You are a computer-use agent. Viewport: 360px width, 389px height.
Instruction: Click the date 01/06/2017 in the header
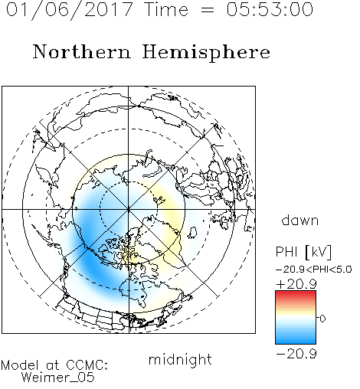pyautogui.click(x=69, y=9)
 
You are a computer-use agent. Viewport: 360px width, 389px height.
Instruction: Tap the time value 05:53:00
pyautogui.click(x=270, y=9)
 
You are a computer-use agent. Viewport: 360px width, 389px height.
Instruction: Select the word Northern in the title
pyautogui.click(x=82, y=52)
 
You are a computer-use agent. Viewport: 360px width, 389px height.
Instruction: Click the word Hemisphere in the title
pyautogui.click(x=206, y=53)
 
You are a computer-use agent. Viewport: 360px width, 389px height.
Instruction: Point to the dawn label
pyautogui.click(x=300, y=220)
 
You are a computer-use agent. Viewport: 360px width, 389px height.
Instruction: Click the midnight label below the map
pyautogui.click(x=180, y=360)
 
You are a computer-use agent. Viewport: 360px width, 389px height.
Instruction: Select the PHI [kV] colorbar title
pyautogui.click(x=303, y=252)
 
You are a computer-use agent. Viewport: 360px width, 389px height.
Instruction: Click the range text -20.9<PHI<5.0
pyautogui.click(x=314, y=270)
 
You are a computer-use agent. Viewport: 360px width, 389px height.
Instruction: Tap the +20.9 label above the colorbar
pyautogui.click(x=296, y=284)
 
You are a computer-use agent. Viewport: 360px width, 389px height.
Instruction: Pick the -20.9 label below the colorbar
pyautogui.click(x=296, y=354)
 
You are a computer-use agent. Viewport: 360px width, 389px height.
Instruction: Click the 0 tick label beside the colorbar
pyautogui.click(x=322, y=319)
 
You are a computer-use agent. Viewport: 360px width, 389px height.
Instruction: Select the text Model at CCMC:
pyautogui.click(x=54, y=365)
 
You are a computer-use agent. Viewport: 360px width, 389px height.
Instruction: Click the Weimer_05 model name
pyautogui.click(x=57, y=378)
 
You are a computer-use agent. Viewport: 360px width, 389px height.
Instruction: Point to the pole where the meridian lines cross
pyautogui.click(x=129, y=209)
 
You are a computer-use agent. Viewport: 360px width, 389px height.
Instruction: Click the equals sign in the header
pyautogui.click(x=208, y=10)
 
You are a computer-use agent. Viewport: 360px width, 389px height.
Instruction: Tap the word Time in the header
pyautogui.click(x=166, y=9)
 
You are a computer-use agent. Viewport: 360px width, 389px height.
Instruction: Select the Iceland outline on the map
pyautogui.click(x=192, y=233)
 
